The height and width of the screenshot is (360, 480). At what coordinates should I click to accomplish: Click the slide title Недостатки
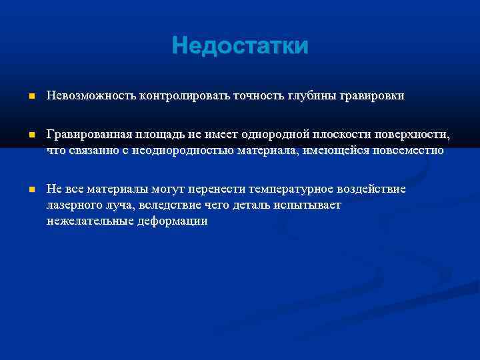tap(240, 47)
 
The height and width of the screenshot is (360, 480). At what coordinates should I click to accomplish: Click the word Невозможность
tap(91, 96)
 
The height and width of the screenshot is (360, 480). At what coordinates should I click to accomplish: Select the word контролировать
tap(184, 96)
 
